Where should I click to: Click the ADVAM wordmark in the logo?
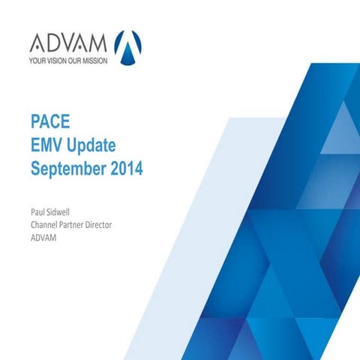[x=68, y=43]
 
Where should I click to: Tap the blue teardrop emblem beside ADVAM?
[x=127, y=47]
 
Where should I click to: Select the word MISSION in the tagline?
[x=95, y=61]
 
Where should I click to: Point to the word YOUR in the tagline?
[x=37, y=61]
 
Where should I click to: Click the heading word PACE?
[x=50, y=121]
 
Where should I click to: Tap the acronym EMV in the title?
[x=47, y=145]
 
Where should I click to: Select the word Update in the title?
[x=91, y=146]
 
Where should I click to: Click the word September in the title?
[x=68, y=169]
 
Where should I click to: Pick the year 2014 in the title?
[x=127, y=169]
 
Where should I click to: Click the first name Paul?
[x=37, y=212]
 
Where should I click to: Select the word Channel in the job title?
[x=43, y=225]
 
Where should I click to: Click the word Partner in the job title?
[x=71, y=225]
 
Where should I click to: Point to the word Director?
[x=99, y=225]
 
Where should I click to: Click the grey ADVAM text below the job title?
[x=43, y=238]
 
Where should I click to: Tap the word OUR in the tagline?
[x=75, y=61]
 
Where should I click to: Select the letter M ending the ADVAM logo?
[x=98, y=43]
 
